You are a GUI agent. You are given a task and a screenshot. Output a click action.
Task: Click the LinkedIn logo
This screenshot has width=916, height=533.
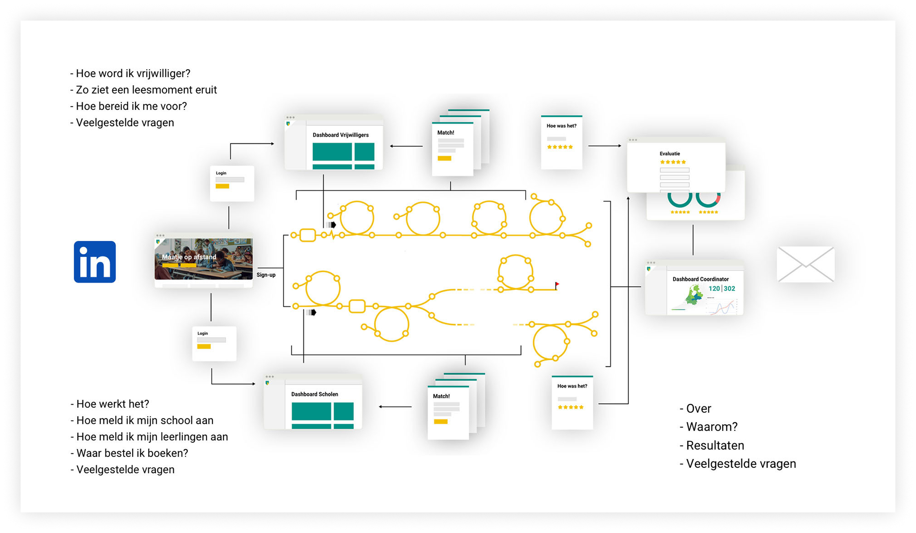click(x=95, y=262)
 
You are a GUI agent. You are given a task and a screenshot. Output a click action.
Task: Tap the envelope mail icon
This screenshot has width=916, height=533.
click(x=806, y=264)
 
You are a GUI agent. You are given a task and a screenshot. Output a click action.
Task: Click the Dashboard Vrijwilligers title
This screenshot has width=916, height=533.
click(x=341, y=135)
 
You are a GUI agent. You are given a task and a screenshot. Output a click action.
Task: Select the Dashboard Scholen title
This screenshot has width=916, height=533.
click(x=314, y=394)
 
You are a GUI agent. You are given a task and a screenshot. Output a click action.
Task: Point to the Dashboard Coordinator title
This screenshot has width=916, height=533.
click(x=700, y=279)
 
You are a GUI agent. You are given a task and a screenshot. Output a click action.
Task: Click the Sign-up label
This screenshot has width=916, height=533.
click(x=266, y=275)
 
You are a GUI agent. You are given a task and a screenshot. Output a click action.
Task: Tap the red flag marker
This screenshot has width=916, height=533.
click(x=557, y=284)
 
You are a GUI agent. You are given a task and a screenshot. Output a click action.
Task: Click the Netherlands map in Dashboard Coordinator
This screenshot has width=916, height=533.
click(x=693, y=295)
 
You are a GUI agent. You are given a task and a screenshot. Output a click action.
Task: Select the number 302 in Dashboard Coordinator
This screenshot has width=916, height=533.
click(x=729, y=288)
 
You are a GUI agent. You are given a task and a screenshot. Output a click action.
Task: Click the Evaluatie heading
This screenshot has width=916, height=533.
click(x=669, y=154)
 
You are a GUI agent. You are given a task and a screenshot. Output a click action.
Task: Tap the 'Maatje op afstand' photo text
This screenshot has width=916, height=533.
click(x=189, y=257)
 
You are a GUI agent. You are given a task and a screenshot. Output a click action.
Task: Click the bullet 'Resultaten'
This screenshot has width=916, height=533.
click(x=712, y=445)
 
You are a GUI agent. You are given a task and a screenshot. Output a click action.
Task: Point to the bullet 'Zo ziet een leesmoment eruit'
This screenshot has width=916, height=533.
click(x=143, y=90)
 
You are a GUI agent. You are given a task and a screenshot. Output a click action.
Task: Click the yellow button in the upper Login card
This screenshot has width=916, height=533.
click(x=222, y=186)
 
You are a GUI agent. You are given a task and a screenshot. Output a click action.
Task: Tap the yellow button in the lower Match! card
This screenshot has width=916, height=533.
click(x=440, y=421)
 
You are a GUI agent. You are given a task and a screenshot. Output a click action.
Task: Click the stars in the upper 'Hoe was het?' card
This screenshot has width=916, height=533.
click(x=560, y=147)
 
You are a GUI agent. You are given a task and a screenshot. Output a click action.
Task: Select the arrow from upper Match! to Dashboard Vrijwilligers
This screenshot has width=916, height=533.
click(x=406, y=146)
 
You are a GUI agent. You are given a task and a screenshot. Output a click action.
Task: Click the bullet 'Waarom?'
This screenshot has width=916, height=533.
click(x=708, y=426)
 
